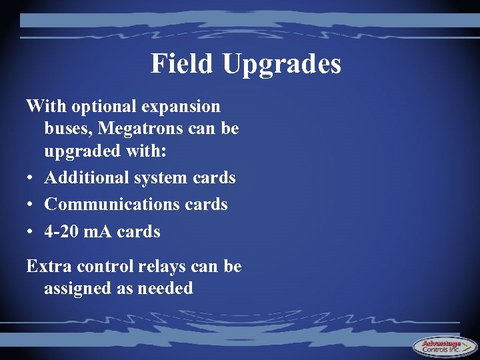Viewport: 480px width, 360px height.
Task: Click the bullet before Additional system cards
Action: coord(30,179)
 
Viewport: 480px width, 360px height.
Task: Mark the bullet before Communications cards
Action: coord(30,205)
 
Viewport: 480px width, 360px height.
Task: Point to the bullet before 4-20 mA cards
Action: coord(30,232)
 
